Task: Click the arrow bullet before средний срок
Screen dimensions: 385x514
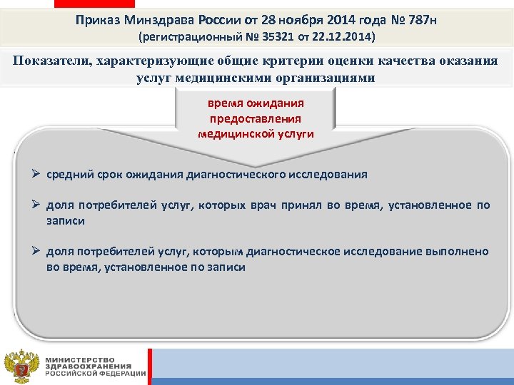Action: (x=36, y=174)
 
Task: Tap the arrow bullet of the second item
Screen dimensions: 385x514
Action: (x=36, y=205)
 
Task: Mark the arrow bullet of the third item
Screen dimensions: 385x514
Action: (x=36, y=252)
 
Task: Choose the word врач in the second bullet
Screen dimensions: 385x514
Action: (x=262, y=205)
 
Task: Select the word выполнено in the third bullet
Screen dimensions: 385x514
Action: (x=460, y=252)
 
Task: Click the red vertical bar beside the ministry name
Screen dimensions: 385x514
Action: (x=150, y=366)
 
